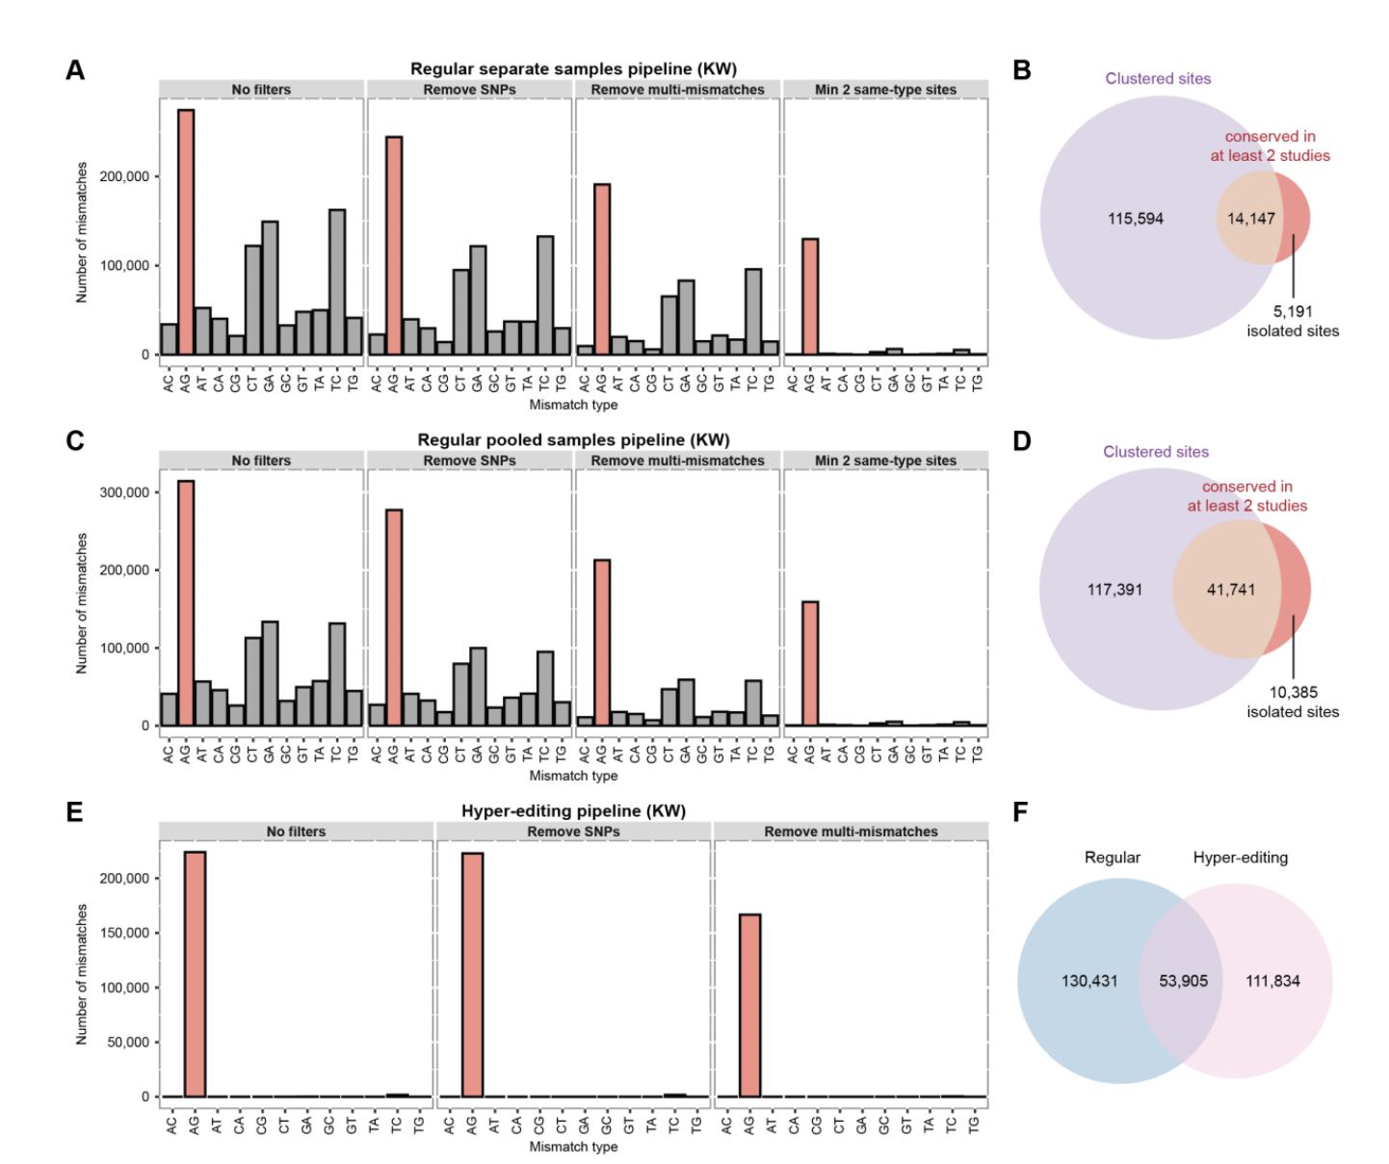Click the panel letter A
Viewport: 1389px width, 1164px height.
pyautogui.click(x=73, y=69)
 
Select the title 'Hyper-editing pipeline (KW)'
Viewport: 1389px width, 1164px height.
pyautogui.click(x=573, y=810)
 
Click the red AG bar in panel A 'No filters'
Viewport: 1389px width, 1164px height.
pyautogui.click(x=186, y=232)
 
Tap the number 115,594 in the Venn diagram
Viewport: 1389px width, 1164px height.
pyautogui.click(x=1136, y=219)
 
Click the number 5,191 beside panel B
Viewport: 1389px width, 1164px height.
pyautogui.click(x=1292, y=311)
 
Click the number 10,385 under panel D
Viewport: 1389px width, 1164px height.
pyautogui.click(x=1292, y=692)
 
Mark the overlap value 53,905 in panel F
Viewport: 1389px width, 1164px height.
pyautogui.click(x=1183, y=982)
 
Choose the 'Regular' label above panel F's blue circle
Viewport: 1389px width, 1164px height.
pyautogui.click(x=1113, y=858)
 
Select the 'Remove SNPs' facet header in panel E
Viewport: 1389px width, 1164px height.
pyautogui.click(x=573, y=831)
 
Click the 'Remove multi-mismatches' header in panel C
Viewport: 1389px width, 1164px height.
pyautogui.click(x=677, y=461)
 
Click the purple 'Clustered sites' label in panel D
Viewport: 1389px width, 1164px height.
pyautogui.click(x=1156, y=451)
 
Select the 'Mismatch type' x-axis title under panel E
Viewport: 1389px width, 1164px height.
pyautogui.click(x=573, y=1147)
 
